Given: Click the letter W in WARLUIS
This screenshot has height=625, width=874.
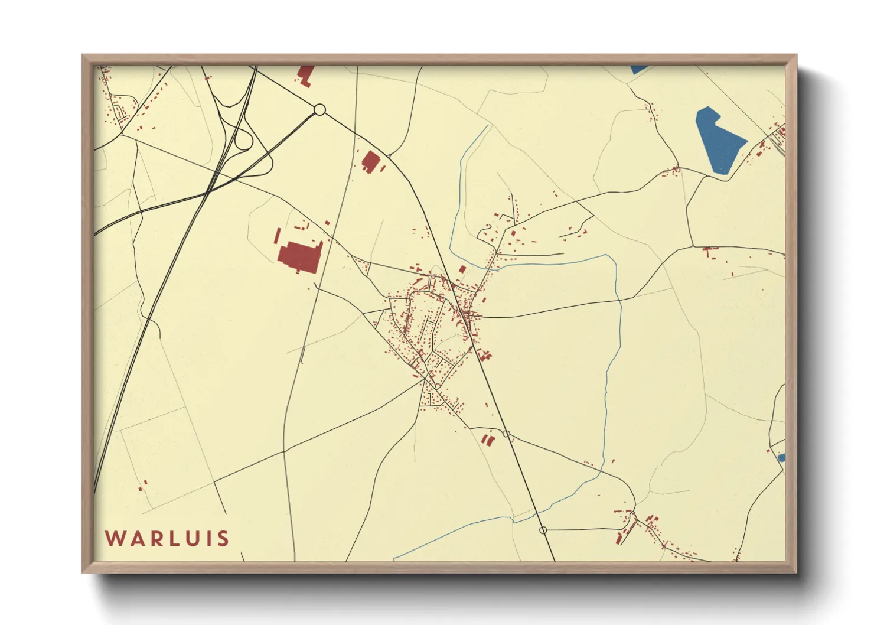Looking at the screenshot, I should [115, 539].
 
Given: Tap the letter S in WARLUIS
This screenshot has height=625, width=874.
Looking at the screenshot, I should [223, 539].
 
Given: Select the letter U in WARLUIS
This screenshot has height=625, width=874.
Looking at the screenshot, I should [188, 539].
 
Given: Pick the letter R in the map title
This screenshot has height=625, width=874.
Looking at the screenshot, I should [152, 539].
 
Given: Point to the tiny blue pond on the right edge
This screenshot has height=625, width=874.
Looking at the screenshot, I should [781, 457].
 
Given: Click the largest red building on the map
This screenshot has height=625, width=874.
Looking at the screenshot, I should [299, 257].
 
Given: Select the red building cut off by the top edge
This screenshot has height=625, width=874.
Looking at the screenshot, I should [306, 75].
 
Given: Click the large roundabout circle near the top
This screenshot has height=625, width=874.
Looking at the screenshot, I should [319, 109].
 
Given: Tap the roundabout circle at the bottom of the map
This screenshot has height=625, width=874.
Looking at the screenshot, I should [543, 530].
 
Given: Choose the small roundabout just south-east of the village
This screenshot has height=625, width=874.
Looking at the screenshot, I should [506, 434].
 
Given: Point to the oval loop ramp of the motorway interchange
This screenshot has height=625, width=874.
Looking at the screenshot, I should [242, 141].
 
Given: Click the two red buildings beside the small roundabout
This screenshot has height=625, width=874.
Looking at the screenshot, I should [487, 440].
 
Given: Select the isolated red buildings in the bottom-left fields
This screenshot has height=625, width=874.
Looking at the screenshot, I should [142, 486].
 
